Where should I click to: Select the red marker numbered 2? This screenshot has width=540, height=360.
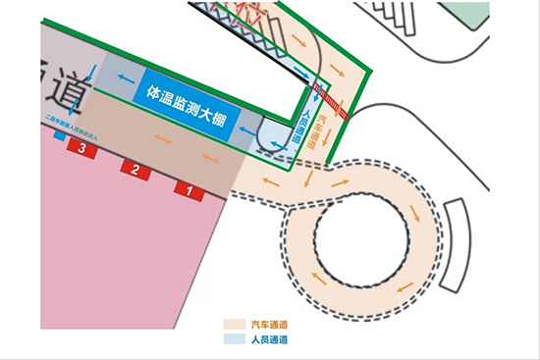[135, 169]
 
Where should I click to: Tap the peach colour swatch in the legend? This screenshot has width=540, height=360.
[234, 324]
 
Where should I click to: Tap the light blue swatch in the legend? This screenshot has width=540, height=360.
[234, 339]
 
